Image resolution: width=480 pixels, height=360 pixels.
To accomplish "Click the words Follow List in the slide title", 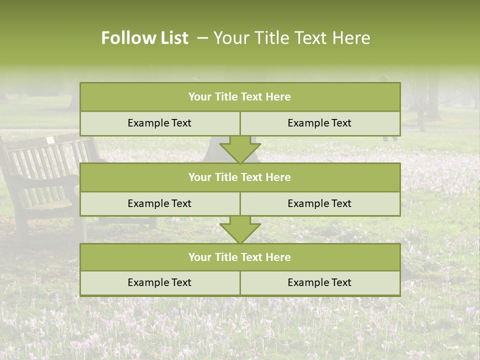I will pos(144,38).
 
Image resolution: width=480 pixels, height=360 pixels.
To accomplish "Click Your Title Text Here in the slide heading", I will pos(291,38).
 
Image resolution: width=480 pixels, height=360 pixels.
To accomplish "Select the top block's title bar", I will pos(240,97).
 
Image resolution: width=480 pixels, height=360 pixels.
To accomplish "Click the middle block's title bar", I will pos(240,177).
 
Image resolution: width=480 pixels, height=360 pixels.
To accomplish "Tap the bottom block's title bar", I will pos(240,257).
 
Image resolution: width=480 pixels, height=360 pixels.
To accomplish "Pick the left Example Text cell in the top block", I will pos(159,123).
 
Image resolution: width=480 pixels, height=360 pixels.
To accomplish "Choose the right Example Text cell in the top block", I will pos(319,123).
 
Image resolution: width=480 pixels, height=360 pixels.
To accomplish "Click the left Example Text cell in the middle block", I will pos(159,203).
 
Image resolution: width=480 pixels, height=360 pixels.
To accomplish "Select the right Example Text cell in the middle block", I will pos(319,203).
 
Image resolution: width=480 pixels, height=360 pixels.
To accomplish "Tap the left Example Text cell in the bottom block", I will pos(159,282).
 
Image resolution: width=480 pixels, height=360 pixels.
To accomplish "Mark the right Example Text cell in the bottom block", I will pos(319,282).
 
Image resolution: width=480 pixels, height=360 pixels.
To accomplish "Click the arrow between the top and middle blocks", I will pos(240,149).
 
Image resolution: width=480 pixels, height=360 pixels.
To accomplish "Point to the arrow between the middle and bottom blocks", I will pos(240,229).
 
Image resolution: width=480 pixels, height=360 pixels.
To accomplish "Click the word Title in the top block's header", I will pos(225,97).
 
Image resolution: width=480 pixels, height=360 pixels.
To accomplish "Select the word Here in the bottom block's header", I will pos(278,257).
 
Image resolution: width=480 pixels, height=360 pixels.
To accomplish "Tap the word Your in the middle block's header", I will pos(199,177).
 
